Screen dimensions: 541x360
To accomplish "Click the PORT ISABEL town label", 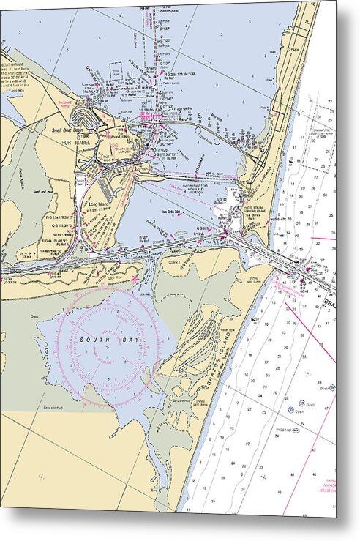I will pyautogui.click(x=74, y=142).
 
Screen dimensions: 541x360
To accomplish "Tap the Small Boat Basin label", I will pyautogui.click(x=66, y=130).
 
